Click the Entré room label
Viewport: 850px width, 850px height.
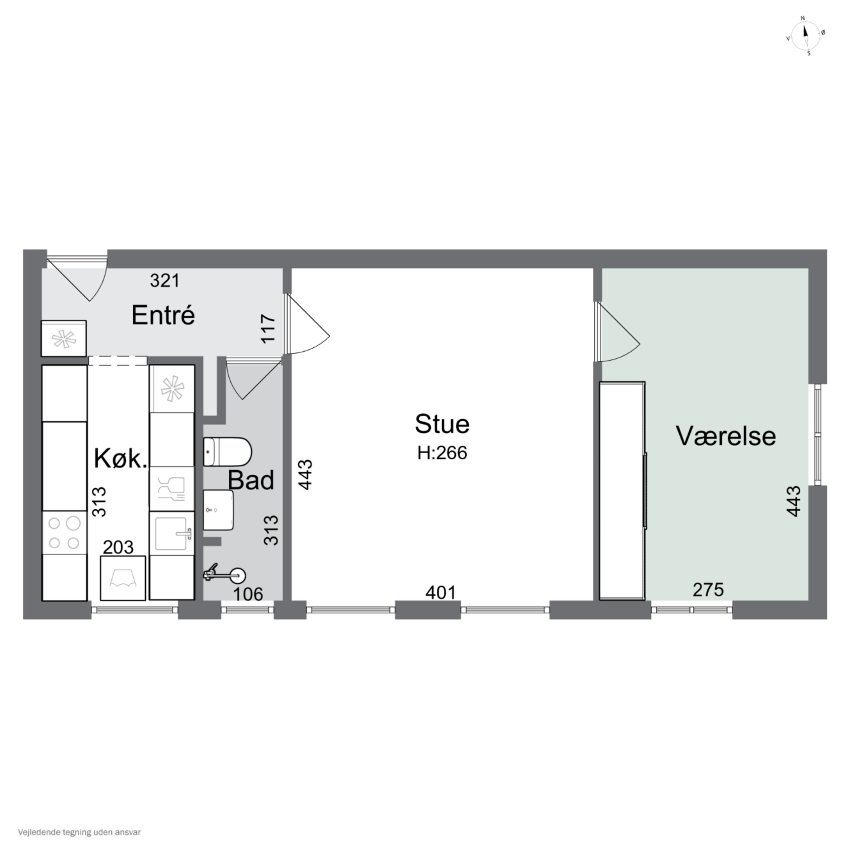pyautogui.click(x=163, y=315)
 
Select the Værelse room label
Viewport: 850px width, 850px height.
pyautogui.click(x=726, y=436)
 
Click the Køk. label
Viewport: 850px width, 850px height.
pyautogui.click(x=120, y=459)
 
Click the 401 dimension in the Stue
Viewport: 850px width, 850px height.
pyautogui.click(x=440, y=593)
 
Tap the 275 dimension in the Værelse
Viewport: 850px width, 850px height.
pyautogui.click(x=708, y=590)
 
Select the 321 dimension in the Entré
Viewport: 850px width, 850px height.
pyautogui.click(x=165, y=280)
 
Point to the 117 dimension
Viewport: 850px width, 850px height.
pyautogui.click(x=268, y=328)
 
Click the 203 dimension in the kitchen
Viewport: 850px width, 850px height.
pyautogui.click(x=118, y=547)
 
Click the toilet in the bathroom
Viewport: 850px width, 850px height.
pyautogui.click(x=227, y=451)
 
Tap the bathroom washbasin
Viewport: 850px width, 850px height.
pyautogui.click(x=218, y=510)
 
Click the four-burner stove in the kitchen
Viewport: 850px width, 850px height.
pyautogui.click(x=64, y=532)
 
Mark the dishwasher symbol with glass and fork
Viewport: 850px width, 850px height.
pyautogui.click(x=172, y=488)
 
